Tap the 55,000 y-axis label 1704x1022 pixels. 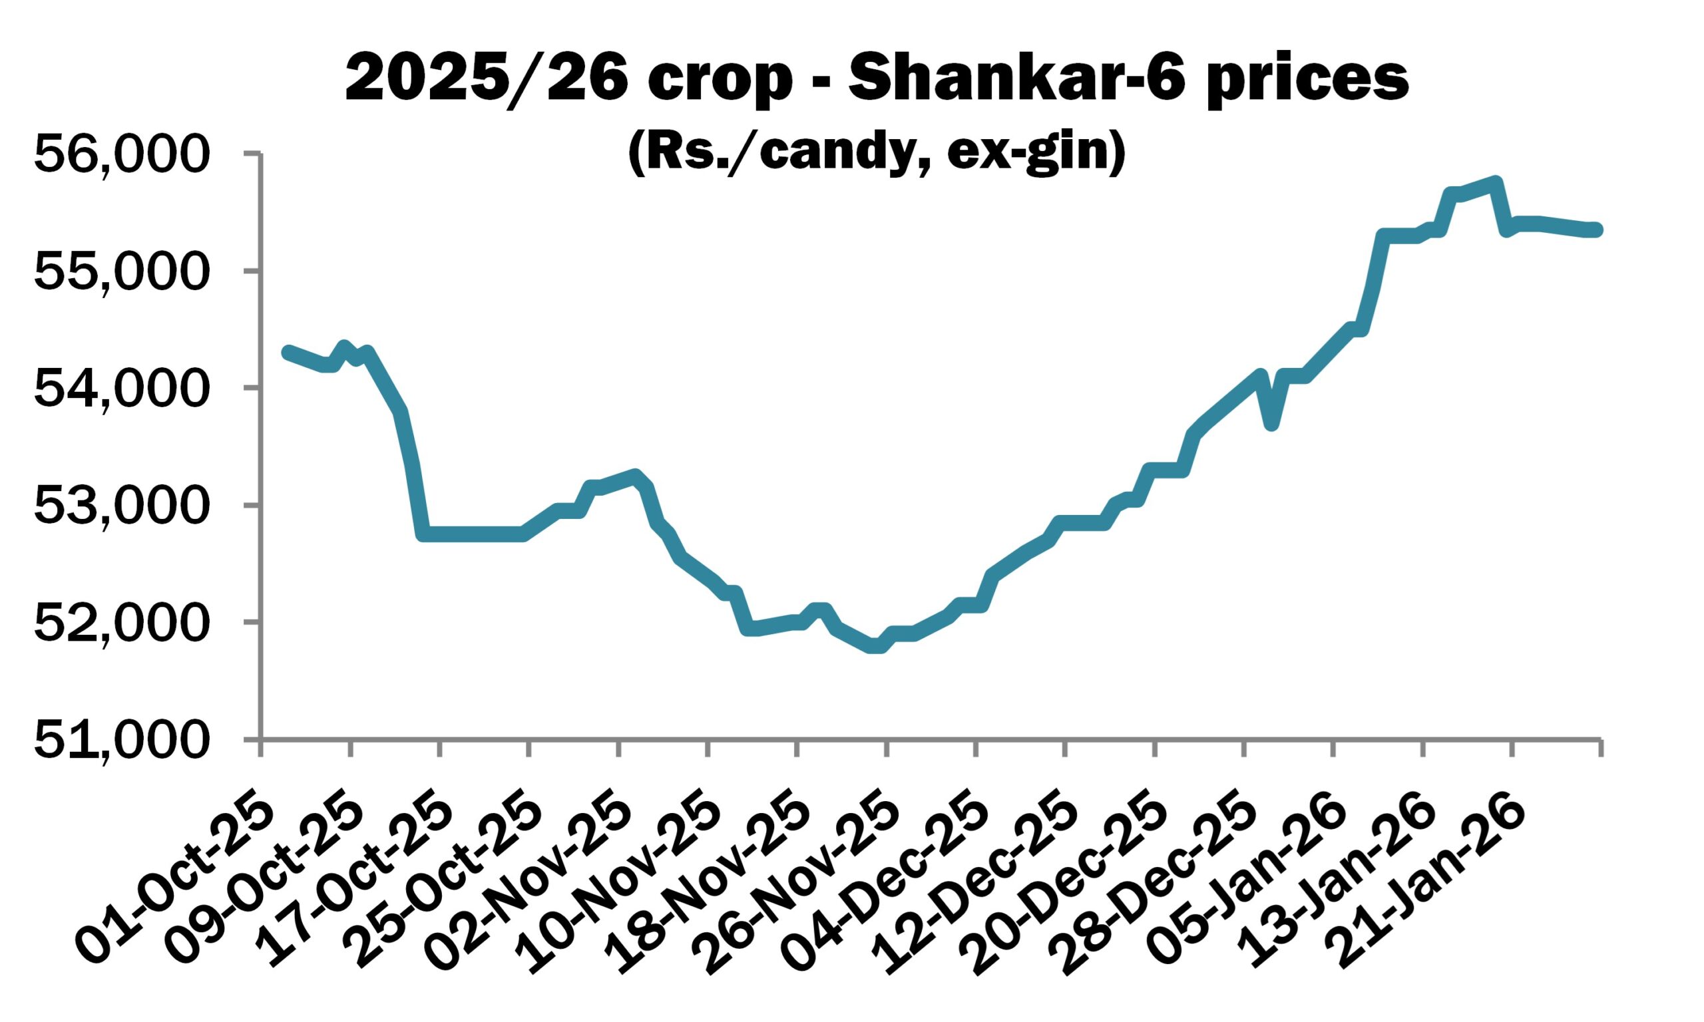click(120, 271)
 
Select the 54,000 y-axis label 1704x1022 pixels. click(120, 389)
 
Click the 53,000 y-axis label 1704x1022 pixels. click(120, 506)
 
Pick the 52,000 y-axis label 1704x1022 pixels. click(120, 623)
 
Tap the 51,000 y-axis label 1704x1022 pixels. click(120, 740)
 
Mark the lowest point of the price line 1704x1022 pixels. click(876, 647)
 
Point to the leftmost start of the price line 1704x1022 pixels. click(288, 352)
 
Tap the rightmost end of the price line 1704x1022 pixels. click(1597, 230)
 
